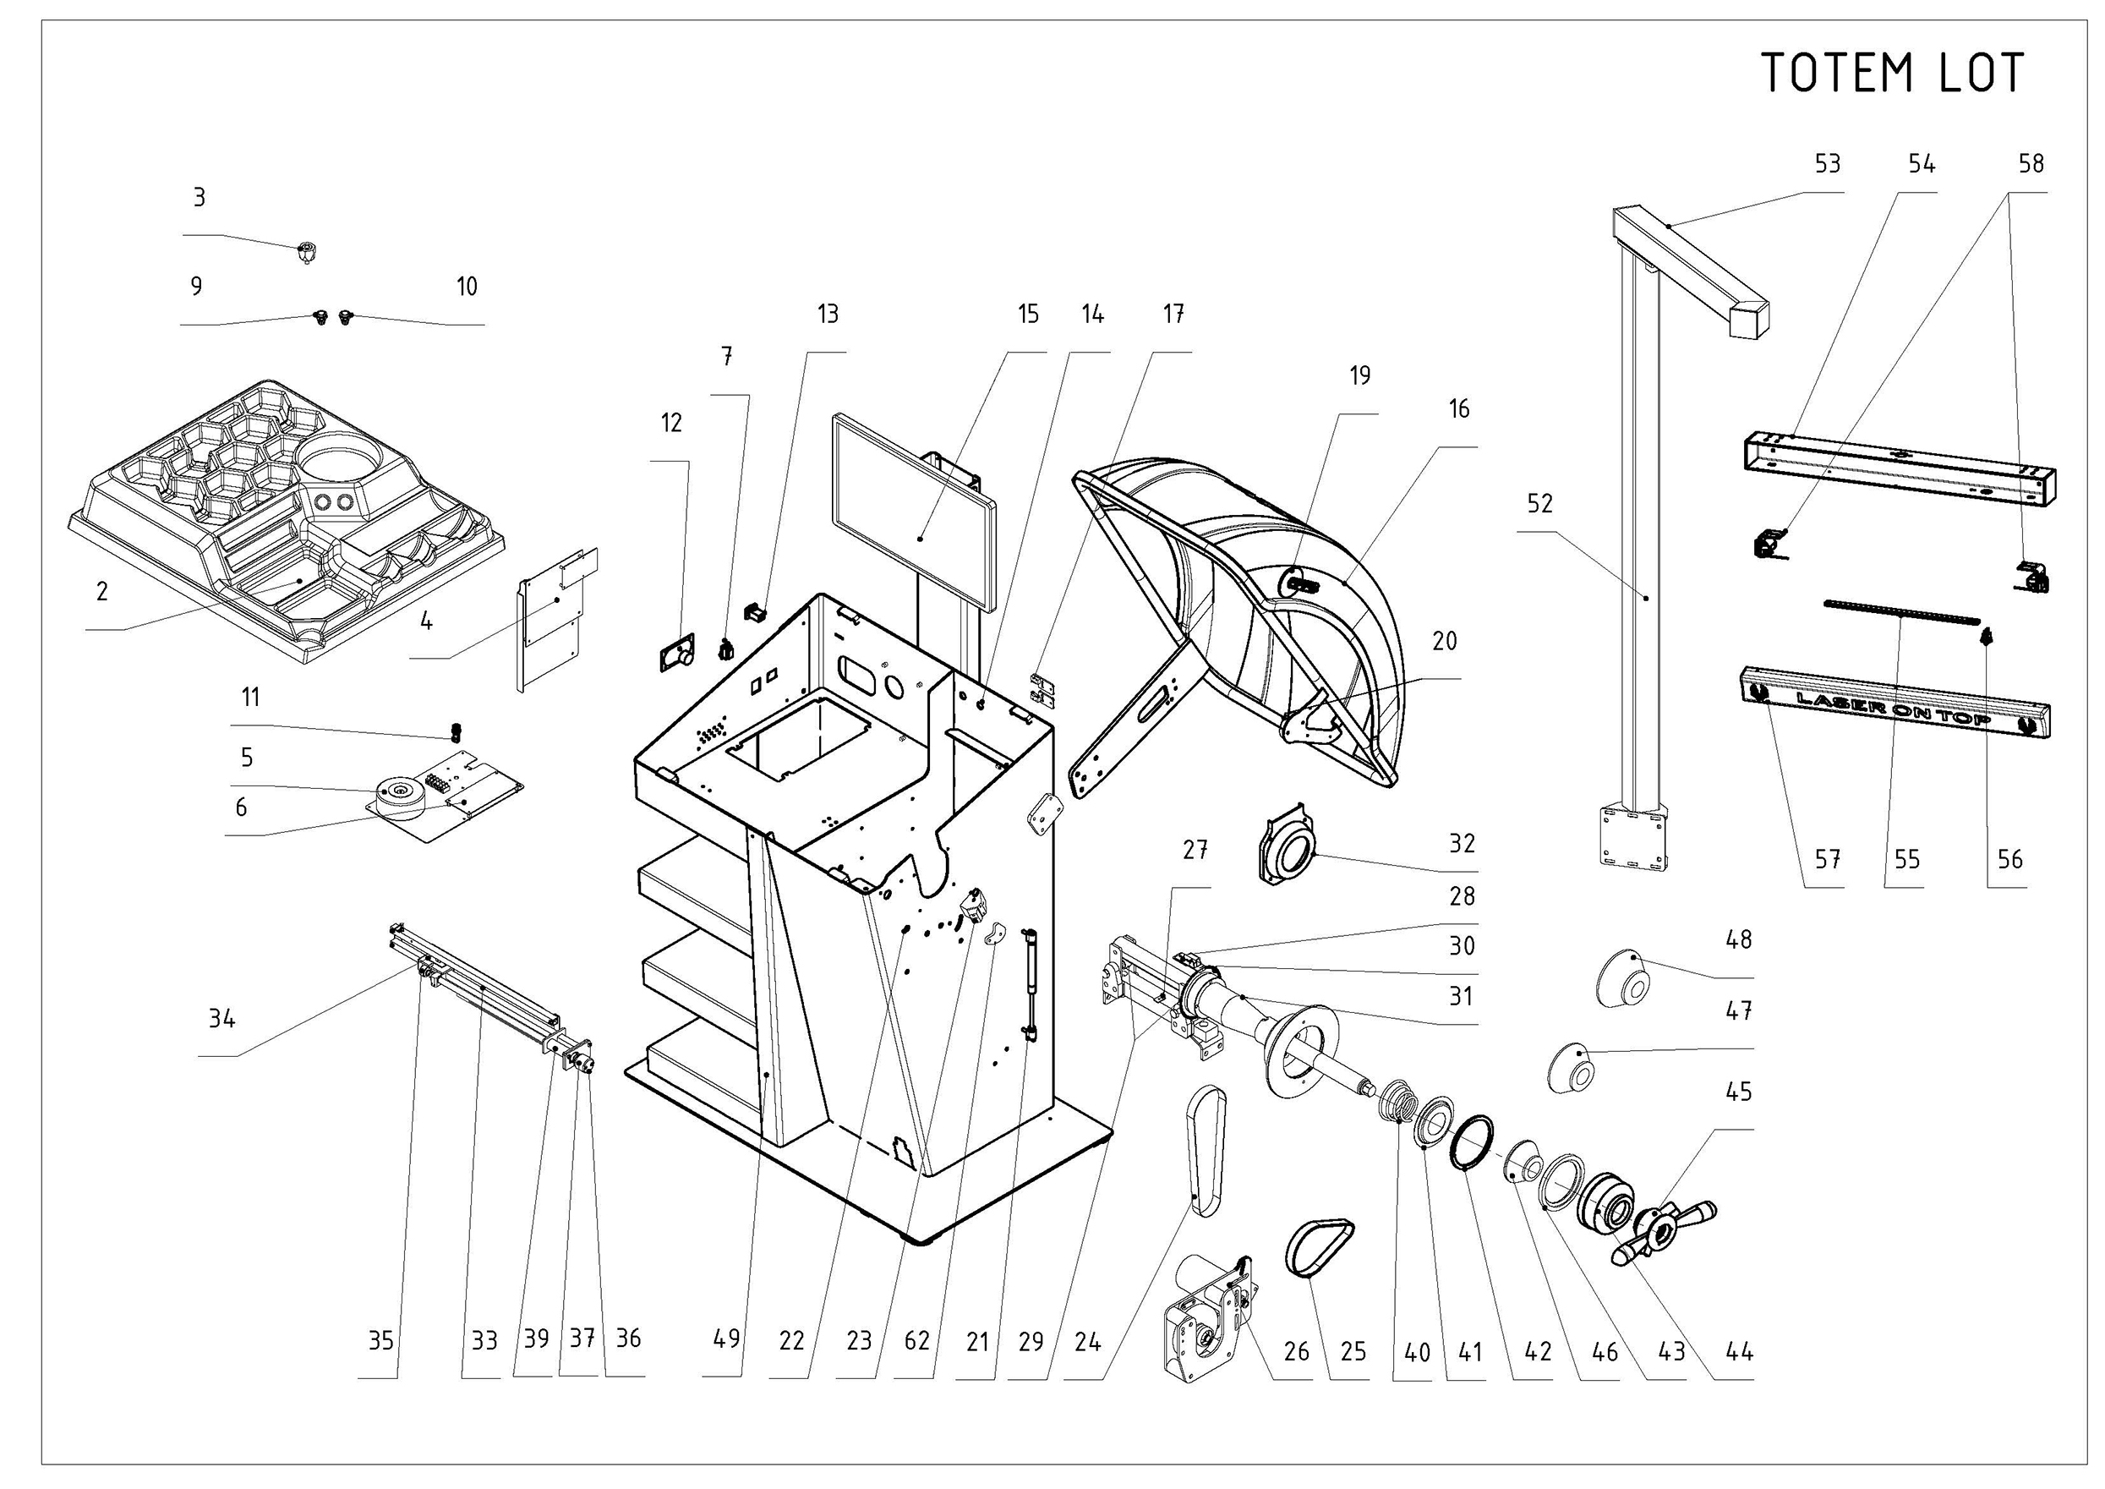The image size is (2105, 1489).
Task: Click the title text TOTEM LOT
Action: pos(1892,74)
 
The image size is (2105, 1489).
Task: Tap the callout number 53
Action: pos(1827,164)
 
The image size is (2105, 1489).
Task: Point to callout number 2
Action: pos(101,591)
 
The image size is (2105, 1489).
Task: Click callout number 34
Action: pos(221,1019)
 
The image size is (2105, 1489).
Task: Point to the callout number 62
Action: pos(916,1340)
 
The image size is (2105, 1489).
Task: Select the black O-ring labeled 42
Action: pos(1473,1142)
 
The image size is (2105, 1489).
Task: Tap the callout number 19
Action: pos(1359,375)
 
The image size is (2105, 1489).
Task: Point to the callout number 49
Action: pos(726,1338)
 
